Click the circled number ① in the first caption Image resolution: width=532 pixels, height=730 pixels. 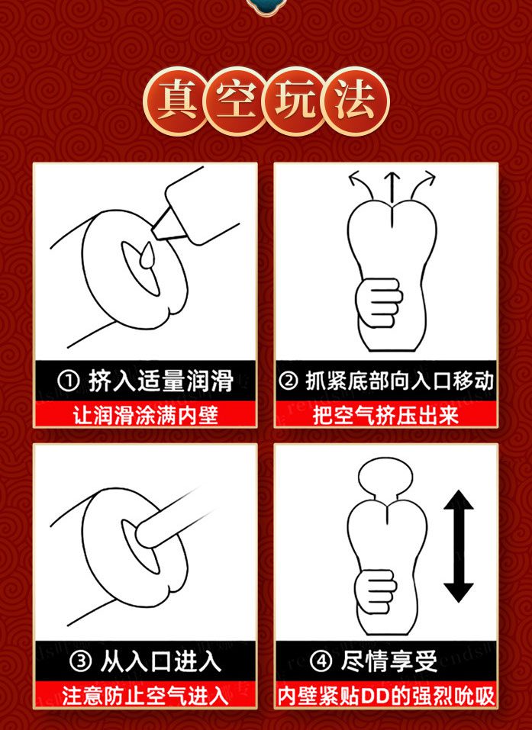[69, 379]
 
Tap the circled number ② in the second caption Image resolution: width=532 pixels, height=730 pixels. [288, 379]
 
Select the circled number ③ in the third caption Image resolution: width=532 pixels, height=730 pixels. [79, 661]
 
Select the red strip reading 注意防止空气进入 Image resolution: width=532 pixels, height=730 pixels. [146, 696]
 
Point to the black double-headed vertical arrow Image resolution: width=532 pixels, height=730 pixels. [459, 546]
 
